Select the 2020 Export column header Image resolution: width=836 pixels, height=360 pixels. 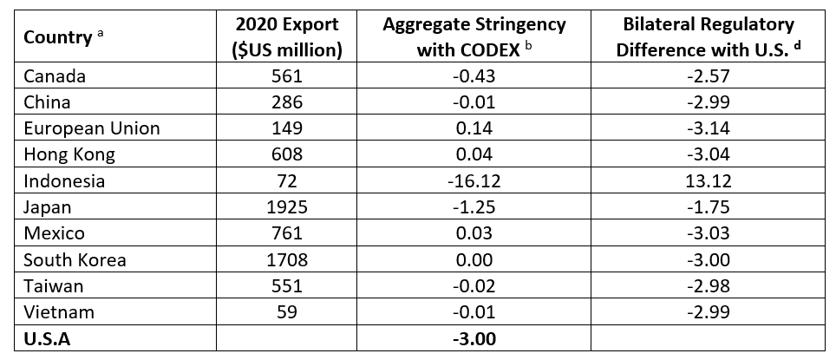[288, 37]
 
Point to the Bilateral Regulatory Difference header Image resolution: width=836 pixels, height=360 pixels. [707, 37]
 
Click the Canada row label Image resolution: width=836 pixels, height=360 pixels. [55, 76]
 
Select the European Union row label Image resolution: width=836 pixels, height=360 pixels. [92, 128]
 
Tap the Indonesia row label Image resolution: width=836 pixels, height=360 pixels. [64, 181]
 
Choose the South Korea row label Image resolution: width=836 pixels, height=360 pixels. [75, 260]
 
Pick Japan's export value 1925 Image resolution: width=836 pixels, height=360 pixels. [288, 208]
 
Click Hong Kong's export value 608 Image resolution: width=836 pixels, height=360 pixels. [288, 155]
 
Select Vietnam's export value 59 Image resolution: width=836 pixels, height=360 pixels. [288, 313]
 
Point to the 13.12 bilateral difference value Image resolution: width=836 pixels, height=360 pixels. [707, 181]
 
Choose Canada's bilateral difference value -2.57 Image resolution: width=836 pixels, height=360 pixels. [707, 76]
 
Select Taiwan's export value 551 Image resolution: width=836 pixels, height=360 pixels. [288, 287]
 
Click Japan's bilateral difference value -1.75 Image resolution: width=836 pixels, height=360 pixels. [707, 208]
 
